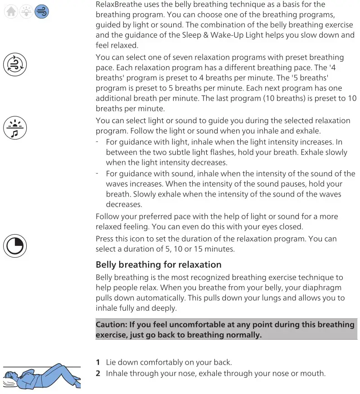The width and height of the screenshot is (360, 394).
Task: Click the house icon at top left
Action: click(11, 12)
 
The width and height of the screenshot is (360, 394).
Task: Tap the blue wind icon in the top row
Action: click(41, 12)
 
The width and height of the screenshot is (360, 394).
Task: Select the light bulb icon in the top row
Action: click(26, 12)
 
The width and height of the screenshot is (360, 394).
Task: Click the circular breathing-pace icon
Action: click(15, 64)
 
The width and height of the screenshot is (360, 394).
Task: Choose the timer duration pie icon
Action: click(15, 245)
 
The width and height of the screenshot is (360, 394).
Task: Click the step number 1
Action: click(97, 362)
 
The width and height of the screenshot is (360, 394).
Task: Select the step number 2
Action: click(97, 374)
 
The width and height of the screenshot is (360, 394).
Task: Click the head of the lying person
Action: click(14, 376)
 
